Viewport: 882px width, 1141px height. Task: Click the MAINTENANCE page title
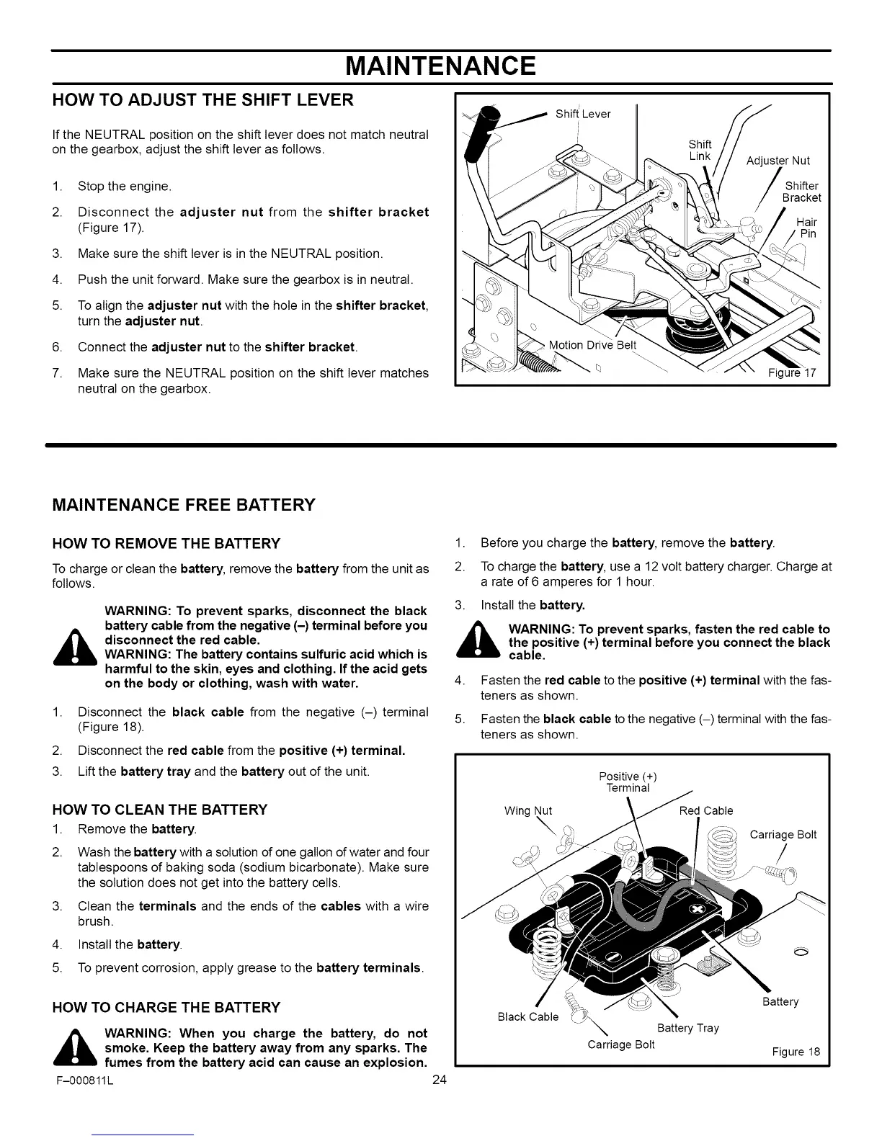(440, 66)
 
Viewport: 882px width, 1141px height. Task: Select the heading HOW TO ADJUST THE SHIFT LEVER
(202, 100)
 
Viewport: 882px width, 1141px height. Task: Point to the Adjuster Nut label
(778, 161)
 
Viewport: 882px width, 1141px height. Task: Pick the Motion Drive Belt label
(592, 344)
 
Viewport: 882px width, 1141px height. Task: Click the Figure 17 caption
(790, 373)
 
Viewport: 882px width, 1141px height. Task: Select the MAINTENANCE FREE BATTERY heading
(184, 504)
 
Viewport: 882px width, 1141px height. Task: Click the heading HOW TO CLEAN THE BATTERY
(160, 809)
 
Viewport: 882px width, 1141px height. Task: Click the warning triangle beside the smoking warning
(74, 1050)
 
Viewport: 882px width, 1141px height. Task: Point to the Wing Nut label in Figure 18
(528, 810)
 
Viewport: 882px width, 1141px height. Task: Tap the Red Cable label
(706, 810)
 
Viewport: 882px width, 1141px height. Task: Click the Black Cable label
(528, 1016)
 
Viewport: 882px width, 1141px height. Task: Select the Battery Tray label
(688, 1028)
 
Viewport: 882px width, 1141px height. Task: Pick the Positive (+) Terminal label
(628, 782)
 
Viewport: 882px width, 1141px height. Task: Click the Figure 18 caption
(796, 1052)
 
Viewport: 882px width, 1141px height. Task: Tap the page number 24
(440, 1079)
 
